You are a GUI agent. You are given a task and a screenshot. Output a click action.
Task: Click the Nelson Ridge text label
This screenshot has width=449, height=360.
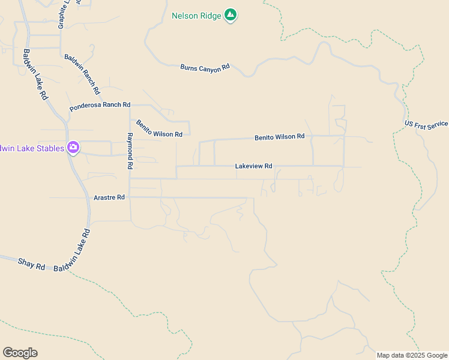[x=196, y=15]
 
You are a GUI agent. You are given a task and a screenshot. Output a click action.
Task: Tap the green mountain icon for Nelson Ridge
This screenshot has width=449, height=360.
[x=230, y=15]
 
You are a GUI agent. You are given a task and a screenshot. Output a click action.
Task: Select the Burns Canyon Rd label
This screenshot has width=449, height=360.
[x=205, y=68]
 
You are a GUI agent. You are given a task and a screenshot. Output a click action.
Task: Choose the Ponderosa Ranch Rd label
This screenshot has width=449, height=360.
[x=100, y=106]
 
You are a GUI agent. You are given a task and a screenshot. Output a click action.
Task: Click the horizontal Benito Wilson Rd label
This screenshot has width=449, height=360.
[x=279, y=137]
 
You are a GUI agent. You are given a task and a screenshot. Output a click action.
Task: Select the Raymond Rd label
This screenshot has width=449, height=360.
[x=129, y=151]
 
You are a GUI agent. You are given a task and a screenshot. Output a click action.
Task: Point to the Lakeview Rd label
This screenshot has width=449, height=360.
[x=253, y=166]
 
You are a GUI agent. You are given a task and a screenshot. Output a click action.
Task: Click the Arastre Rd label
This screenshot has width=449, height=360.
[x=109, y=197]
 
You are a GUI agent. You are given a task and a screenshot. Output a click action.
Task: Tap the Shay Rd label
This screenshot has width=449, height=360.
[x=31, y=263]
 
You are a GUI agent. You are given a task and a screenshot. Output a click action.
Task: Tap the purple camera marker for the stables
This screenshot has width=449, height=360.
[x=73, y=148]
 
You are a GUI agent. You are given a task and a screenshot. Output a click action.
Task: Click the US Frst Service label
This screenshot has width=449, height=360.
[x=426, y=124]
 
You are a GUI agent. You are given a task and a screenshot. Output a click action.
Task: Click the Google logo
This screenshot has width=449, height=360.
[x=20, y=353]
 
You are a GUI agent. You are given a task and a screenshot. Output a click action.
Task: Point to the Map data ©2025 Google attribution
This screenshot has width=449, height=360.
[x=412, y=355]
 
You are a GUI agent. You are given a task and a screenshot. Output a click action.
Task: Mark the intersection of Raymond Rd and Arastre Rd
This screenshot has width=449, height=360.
[x=130, y=197]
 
